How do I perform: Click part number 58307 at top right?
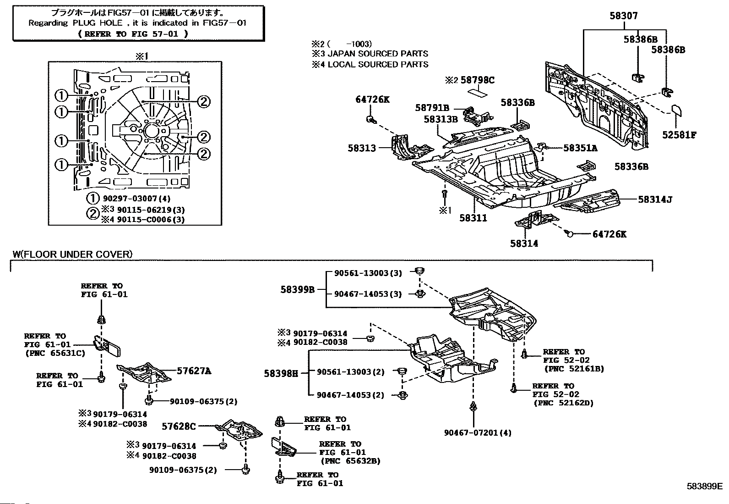[624, 16]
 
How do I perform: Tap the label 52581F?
[679, 135]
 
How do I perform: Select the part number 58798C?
[478, 80]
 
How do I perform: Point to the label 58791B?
[432, 108]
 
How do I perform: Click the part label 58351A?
[580, 148]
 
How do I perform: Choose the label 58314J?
[655, 199]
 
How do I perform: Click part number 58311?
[473, 218]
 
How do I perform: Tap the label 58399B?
[298, 290]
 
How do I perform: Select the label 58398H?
[281, 374]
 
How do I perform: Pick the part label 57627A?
[194, 371]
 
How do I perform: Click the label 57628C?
[179, 426]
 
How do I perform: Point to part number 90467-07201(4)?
[478, 433]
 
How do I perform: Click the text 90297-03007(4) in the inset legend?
[136, 199]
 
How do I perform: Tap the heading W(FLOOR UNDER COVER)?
[72, 254]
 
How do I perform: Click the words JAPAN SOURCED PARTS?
[378, 54]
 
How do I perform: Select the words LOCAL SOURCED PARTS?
[378, 65]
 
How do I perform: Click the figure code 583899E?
[705, 487]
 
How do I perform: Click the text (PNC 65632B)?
[350, 461]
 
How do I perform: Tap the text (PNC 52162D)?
[564, 403]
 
